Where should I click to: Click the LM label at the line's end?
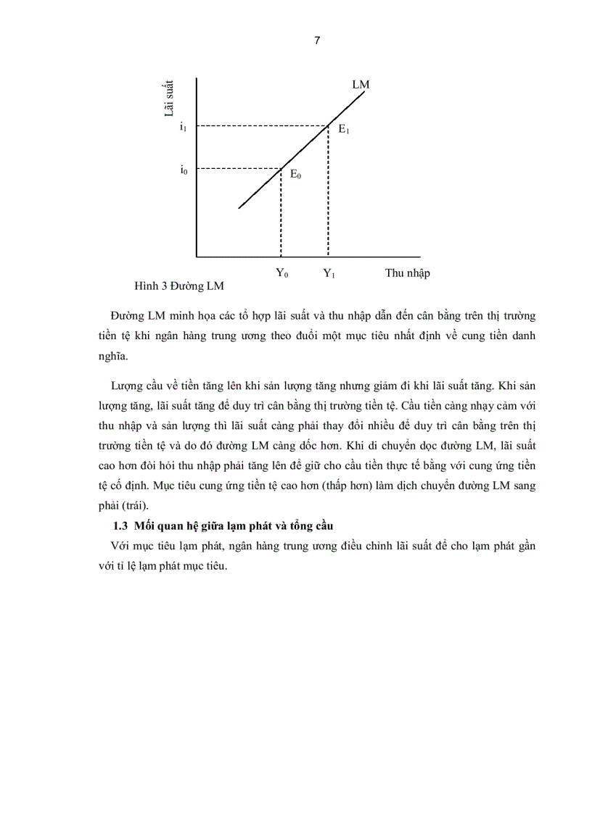(x=361, y=85)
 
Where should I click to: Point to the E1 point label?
(x=344, y=131)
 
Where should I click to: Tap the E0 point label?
(x=296, y=175)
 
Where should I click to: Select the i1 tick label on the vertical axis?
(x=184, y=127)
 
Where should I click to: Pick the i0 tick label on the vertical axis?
(x=184, y=171)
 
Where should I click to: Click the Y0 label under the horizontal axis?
(x=281, y=274)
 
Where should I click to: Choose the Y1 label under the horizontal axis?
(x=329, y=274)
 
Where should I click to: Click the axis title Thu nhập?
(x=407, y=273)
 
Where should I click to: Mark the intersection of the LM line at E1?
(x=329, y=126)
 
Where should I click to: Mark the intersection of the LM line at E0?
(x=281, y=170)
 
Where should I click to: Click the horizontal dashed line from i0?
(x=239, y=170)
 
